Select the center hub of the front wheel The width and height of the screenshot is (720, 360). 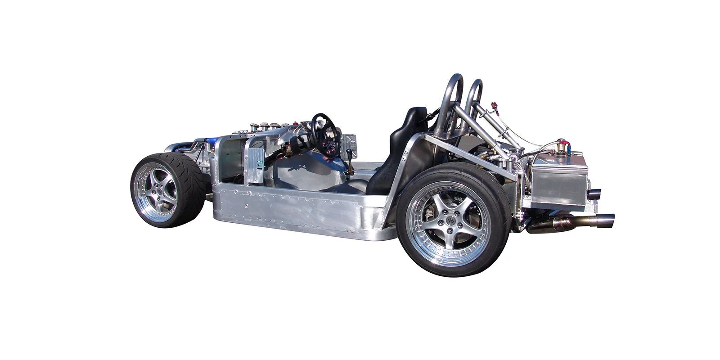click(x=160, y=191)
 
